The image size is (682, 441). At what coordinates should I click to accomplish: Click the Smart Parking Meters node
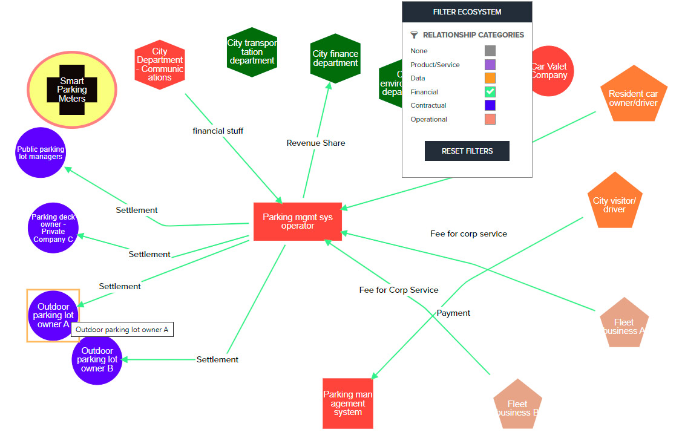pyautogui.click(x=71, y=90)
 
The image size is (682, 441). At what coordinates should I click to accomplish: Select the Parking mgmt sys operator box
pyautogui.click(x=297, y=221)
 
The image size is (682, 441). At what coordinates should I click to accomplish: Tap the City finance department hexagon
pyautogui.click(x=335, y=59)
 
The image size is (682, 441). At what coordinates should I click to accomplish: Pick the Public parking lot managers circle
pyautogui.click(x=41, y=152)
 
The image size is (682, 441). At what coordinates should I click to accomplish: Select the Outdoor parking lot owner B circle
pyautogui.click(x=97, y=359)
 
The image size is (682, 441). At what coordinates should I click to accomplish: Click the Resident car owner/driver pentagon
pyautogui.click(x=633, y=96)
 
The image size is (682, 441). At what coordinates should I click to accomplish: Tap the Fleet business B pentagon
pyautogui.click(x=517, y=405)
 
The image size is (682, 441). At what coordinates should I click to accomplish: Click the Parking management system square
pyautogui.click(x=347, y=403)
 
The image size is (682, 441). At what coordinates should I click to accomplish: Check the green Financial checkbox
pyautogui.click(x=490, y=92)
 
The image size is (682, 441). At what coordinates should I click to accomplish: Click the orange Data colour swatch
pyautogui.click(x=490, y=78)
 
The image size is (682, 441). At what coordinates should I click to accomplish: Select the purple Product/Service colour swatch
pyautogui.click(x=490, y=65)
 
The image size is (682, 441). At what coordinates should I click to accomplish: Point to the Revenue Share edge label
pyautogui.click(x=316, y=143)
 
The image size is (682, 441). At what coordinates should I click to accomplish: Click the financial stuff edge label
pyautogui.click(x=218, y=131)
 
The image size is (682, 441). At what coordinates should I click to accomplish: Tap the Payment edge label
pyautogui.click(x=453, y=313)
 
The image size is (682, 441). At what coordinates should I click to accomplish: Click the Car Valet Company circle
pyautogui.click(x=549, y=71)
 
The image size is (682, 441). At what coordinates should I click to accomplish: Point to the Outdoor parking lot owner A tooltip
pyautogui.click(x=122, y=330)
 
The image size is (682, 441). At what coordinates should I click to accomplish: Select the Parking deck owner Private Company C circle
pyautogui.click(x=53, y=227)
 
